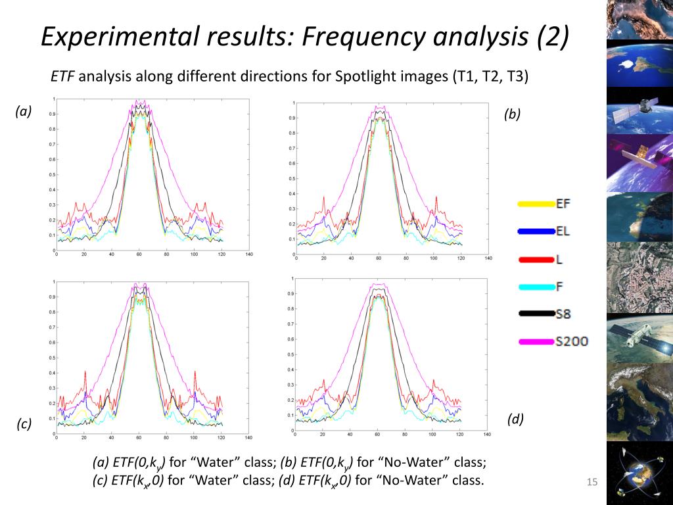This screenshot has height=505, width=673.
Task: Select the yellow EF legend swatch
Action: point(536,204)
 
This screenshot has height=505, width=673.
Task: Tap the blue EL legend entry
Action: point(536,231)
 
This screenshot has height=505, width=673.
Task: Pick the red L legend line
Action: point(536,259)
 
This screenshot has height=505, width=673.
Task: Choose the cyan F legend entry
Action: point(536,287)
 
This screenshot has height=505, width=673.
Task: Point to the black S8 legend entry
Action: point(536,314)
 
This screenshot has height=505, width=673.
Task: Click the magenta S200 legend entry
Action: point(536,341)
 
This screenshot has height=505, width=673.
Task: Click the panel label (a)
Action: point(24,111)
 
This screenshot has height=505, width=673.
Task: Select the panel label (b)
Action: point(512,114)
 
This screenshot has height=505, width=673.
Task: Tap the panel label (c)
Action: point(24,424)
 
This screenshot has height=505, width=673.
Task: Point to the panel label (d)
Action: point(515,419)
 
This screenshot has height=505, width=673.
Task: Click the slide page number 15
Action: point(592,483)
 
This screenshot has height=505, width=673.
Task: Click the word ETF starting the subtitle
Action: point(64,76)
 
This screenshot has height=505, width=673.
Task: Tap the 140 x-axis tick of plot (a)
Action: point(248,254)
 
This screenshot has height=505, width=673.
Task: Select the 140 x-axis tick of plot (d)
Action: point(487,434)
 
